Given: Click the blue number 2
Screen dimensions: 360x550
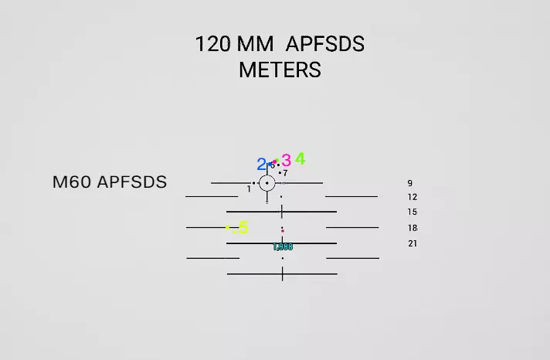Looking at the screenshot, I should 261,165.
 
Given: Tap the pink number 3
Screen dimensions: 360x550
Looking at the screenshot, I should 287,161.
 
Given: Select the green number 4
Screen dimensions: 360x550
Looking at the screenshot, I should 300,159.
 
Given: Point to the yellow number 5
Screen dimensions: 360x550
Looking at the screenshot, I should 243,227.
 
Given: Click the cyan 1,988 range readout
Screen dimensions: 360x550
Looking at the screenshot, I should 283,247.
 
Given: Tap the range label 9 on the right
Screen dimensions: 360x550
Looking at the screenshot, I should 410,184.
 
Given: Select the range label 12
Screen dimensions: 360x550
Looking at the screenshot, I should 413,198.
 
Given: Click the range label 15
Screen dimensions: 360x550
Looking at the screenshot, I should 413,212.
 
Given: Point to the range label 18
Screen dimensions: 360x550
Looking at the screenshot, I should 413,228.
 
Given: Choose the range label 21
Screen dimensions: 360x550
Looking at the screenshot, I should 413,243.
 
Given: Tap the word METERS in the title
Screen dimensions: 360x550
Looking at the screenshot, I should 280,70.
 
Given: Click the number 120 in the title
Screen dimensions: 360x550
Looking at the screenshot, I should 212,44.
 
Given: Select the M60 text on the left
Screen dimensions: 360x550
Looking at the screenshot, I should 72,182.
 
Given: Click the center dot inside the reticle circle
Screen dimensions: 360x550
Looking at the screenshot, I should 267,183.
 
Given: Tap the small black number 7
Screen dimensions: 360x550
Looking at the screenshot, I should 285,173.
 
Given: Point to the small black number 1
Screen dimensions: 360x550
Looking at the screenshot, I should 249,188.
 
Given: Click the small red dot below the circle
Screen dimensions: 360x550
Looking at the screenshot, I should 283,231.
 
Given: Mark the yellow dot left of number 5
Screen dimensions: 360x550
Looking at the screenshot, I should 227,228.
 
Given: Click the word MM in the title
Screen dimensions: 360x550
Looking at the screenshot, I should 256,44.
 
